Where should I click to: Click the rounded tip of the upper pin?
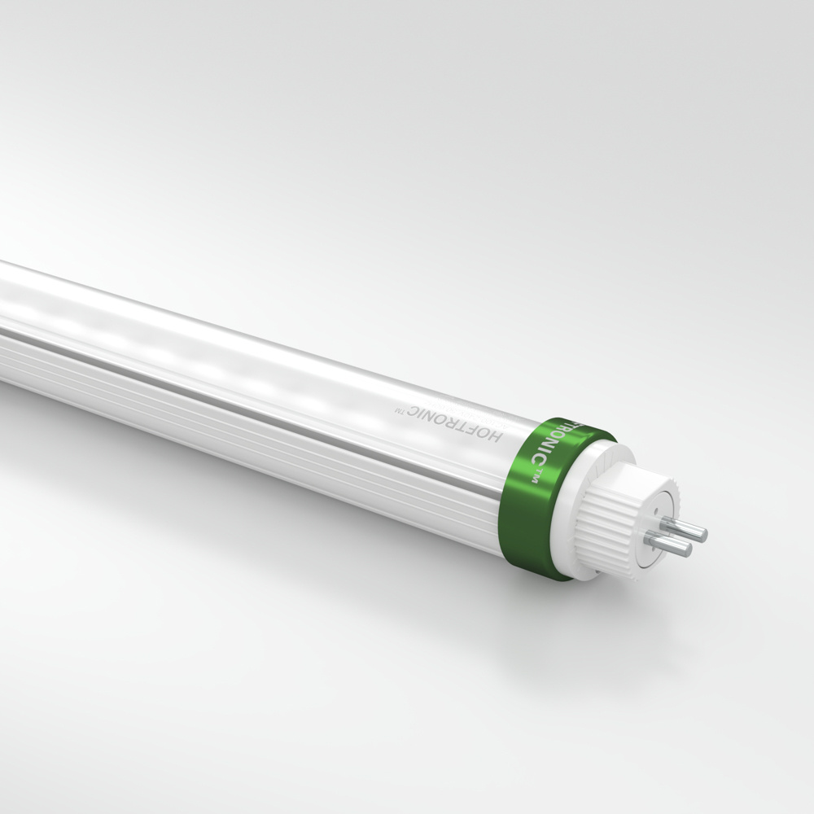(x=703, y=534)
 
